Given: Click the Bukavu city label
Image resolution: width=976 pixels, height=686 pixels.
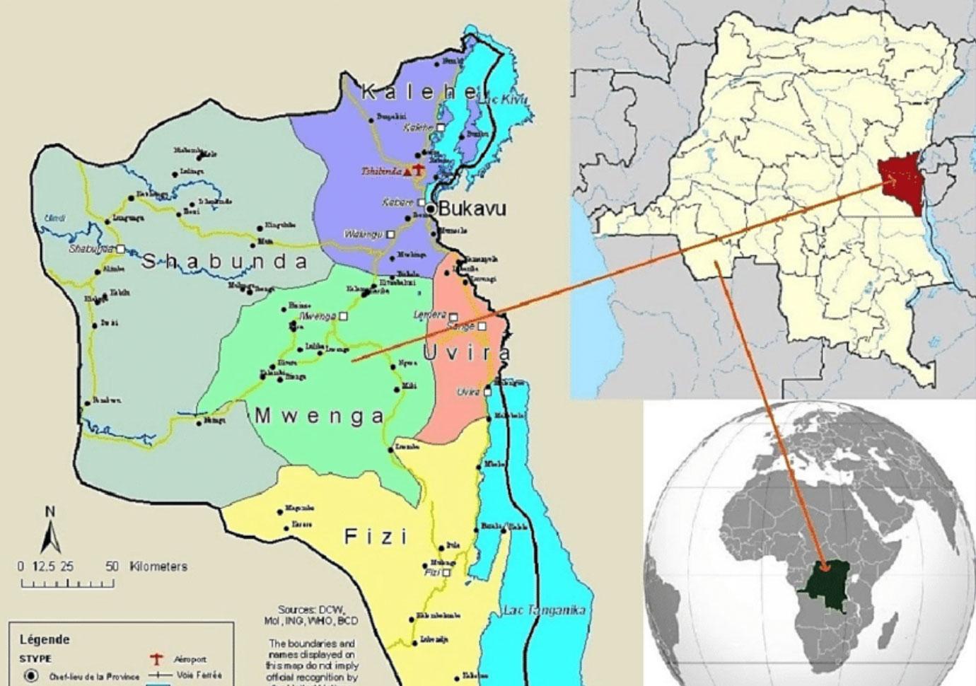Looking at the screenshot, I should click(472, 209).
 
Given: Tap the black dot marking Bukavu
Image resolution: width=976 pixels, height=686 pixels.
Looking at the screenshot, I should click(430, 209).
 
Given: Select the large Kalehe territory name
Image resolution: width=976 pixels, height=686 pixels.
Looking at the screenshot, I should click(419, 92).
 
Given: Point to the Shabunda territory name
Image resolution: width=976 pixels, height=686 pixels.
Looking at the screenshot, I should click(225, 262).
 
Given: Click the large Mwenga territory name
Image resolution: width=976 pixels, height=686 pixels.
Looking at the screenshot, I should click(319, 416).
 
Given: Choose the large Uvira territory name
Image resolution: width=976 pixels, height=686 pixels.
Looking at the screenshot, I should click(467, 354).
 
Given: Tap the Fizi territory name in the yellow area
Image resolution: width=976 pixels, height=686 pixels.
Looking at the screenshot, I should click(376, 537).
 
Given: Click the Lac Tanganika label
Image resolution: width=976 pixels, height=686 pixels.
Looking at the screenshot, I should click(544, 610).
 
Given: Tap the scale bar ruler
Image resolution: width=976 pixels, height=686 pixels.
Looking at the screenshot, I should click(67, 583).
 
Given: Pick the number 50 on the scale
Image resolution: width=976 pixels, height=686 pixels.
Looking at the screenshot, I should click(112, 566).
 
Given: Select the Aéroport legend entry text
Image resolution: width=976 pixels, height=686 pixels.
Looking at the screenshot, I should click(190, 659).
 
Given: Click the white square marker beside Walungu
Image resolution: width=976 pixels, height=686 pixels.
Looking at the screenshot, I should click(390, 234).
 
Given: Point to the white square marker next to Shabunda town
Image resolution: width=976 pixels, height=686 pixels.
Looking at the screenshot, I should click(120, 249).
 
